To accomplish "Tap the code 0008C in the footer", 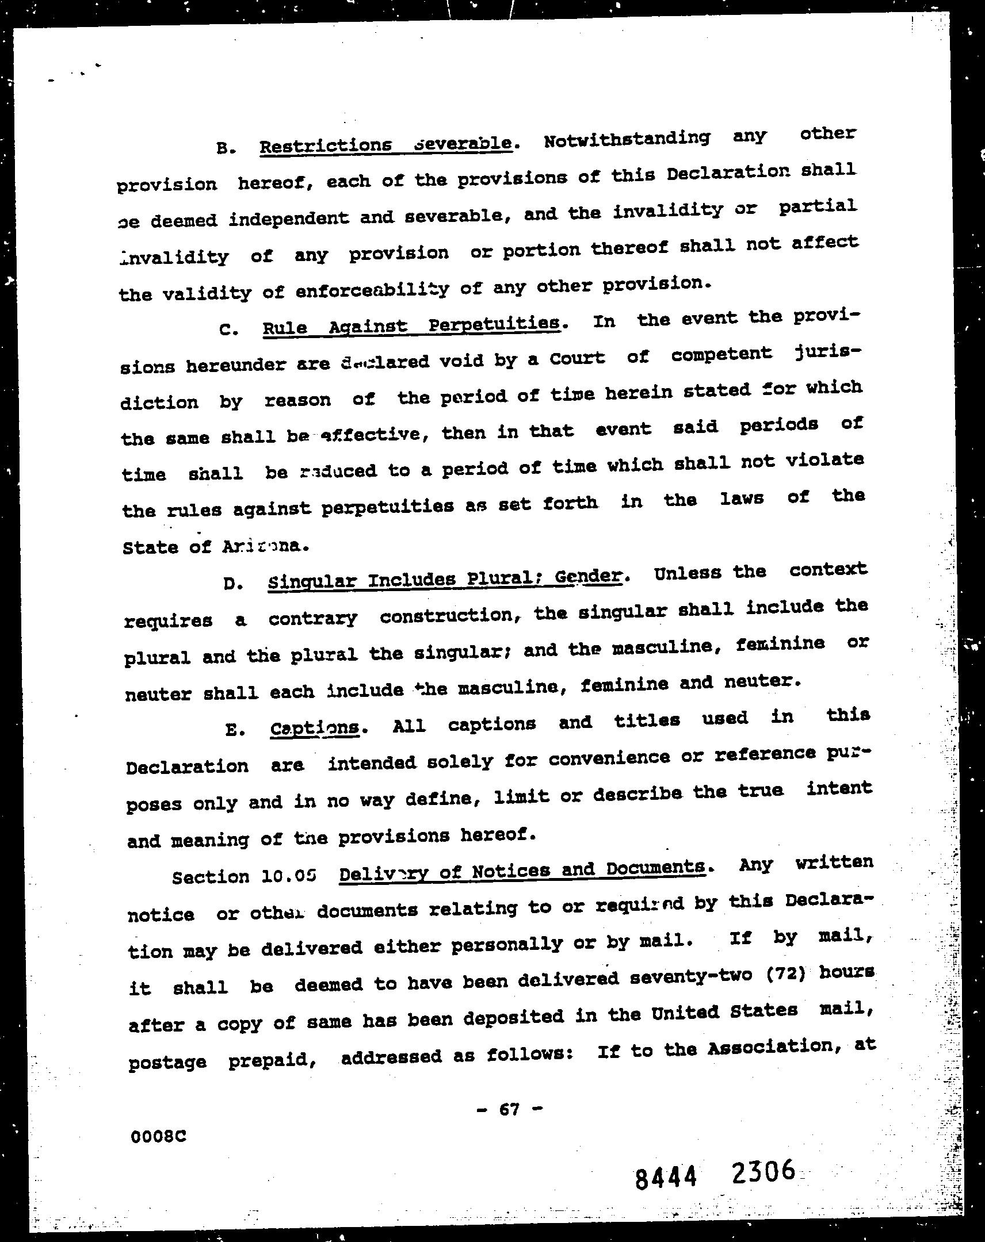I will click(158, 1137).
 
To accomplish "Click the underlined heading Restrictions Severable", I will click(385, 144).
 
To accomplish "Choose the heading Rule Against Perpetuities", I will click(411, 325).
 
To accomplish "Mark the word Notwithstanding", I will click(627, 140).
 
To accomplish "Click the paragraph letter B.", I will click(224, 148).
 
